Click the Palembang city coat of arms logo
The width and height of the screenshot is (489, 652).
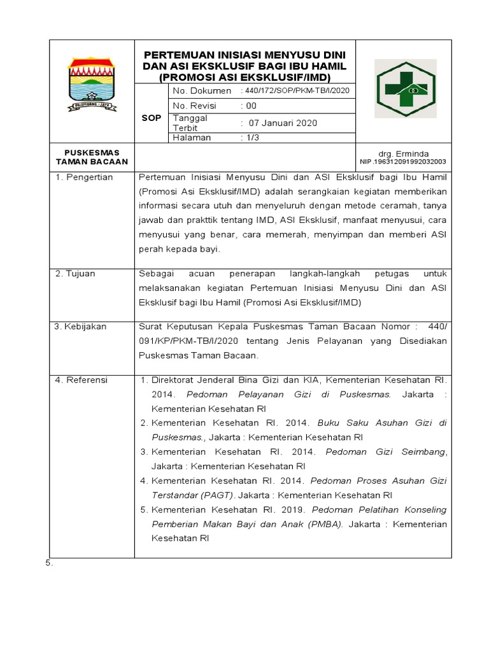tap(92, 84)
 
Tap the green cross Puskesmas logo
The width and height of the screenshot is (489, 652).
tap(404, 90)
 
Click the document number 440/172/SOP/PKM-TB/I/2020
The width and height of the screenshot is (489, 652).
tap(297, 91)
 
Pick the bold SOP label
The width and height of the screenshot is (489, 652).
tap(151, 118)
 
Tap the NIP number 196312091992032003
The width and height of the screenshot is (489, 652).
tap(403, 162)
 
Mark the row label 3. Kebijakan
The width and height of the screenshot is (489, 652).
tap(80, 327)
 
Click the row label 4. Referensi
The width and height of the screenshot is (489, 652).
tap(81, 380)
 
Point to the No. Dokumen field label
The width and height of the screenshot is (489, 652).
tap(202, 91)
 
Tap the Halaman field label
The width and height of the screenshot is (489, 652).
tap(192, 138)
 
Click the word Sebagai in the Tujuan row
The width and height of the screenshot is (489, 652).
tap(157, 274)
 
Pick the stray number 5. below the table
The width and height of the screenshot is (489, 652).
tap(48, 563)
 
